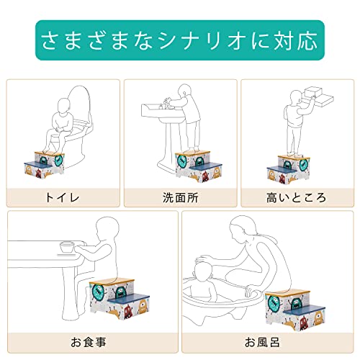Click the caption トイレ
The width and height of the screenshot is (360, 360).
(63, 197)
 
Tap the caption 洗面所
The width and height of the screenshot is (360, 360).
(180, 197)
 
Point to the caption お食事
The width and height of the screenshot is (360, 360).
(89, 342)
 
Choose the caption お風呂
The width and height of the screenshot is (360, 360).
(262, 342)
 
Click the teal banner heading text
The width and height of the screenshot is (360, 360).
(179, 40)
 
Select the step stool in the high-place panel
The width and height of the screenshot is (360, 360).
(288, 169)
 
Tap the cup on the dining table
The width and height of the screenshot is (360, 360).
(67, 247)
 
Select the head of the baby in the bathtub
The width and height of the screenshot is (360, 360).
(204, 272)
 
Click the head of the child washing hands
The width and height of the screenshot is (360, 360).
(184, 91)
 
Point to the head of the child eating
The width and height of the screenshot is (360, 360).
(107, 229)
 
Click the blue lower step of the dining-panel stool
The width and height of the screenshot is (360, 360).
(128, 298)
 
